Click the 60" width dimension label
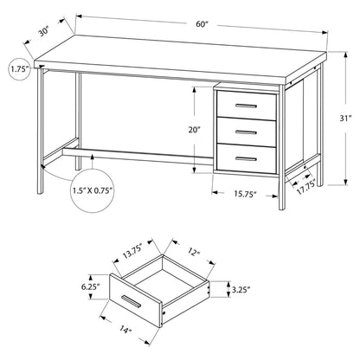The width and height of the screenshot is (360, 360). [202, 24]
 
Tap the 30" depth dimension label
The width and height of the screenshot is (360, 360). [45, 31]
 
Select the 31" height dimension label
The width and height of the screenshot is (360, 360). [345, 119]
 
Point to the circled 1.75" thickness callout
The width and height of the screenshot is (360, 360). [20, 69]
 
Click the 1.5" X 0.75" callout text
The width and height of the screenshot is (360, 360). [93, 190]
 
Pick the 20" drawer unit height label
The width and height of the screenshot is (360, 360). [195, 130]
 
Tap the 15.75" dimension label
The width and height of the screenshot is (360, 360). [245, 194]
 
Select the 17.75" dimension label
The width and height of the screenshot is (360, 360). [307, 187]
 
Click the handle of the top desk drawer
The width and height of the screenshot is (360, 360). [246, 106]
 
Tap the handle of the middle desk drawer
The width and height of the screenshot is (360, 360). [246, 132]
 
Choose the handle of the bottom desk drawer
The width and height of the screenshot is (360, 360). [246, 158]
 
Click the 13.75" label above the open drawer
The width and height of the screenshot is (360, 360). [132, 253]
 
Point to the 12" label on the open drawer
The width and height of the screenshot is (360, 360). [194, 253]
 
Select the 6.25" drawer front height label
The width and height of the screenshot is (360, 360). [90, 287]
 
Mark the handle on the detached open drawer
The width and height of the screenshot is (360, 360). [132, 302]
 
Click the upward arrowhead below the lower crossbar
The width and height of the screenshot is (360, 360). [93, 157]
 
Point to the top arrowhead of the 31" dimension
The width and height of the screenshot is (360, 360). [345, 55]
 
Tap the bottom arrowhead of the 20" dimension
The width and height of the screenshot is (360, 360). [195, 170]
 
